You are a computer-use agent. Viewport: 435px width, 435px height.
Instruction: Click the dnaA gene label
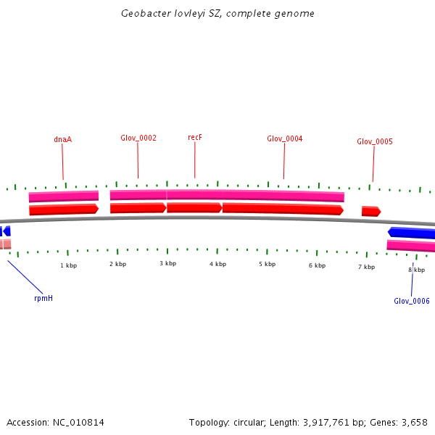[x=62, y=139]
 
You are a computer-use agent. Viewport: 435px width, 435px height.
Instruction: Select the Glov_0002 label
[x=138, y=138]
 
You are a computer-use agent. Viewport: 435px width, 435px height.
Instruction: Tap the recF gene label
[x=194, y=137]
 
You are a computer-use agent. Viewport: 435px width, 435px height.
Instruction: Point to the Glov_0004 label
[x=284, y=138]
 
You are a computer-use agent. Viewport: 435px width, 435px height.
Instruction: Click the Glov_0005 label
[x=374, y=141]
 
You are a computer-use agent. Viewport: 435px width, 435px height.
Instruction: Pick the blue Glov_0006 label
[x=411, y=301]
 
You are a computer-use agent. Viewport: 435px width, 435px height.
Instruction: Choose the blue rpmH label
[x=43, y=298]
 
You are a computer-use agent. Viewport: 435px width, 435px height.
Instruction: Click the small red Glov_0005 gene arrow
[x=370, y=211]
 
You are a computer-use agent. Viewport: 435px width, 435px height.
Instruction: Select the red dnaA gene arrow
[x=63, y=210]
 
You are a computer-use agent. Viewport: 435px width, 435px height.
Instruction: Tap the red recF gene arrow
[x=194, y=208]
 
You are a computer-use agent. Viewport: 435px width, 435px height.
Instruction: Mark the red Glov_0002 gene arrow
[x=138, y=208]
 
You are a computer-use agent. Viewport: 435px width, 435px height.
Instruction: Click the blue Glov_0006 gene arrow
[x=412, y=233]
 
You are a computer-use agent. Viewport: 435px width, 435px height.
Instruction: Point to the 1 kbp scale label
[x=68, y=265]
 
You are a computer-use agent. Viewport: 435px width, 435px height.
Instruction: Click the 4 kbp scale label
[x=217, y=264]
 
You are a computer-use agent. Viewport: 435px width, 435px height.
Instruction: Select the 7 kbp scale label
[x=366, y=267]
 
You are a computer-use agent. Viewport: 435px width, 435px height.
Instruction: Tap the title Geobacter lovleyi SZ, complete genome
[x=217, y=14]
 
